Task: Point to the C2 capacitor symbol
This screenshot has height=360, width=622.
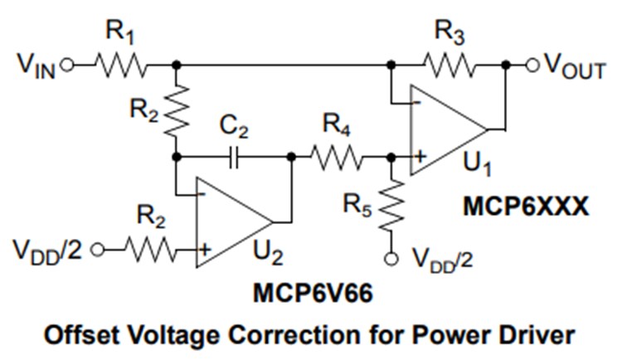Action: pos(233,156)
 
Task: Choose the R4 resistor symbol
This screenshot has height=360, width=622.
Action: pos(336,156)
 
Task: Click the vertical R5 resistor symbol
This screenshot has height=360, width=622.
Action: pos(389,207)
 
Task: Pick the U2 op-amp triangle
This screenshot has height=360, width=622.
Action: pos(231,222)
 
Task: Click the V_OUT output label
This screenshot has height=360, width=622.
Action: pos(574,68)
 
